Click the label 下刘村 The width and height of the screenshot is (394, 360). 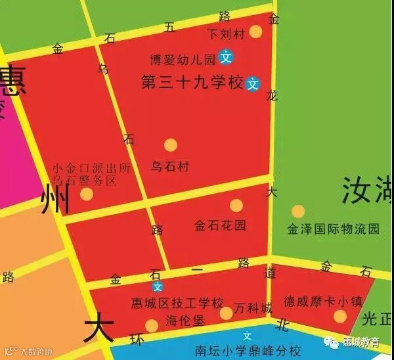click(225, 32)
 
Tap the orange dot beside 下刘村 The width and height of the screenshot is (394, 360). click(255, 32)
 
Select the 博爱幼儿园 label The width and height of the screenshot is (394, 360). click(183, 60)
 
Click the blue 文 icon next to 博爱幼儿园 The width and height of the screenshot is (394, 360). click(226, 58)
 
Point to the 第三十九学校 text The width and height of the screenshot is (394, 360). click(192, 83)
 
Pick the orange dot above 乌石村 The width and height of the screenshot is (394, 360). click(171, 145)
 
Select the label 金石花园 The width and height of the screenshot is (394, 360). click(220, 225)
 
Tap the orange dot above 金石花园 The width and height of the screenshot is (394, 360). click(236, 205)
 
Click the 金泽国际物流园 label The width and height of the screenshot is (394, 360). click(334, 229)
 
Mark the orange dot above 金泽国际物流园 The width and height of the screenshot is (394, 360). click(298, 212)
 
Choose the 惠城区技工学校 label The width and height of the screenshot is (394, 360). click(177, 304)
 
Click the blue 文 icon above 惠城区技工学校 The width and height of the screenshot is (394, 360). click(158, 286)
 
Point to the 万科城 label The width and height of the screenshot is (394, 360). click(253, 308)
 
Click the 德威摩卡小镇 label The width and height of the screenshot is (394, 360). click(322, 302)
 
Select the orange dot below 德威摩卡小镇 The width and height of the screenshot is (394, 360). click(339, 317)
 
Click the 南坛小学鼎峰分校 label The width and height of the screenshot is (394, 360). click(248, 350)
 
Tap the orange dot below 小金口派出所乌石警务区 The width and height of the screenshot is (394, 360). click(87, 194)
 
